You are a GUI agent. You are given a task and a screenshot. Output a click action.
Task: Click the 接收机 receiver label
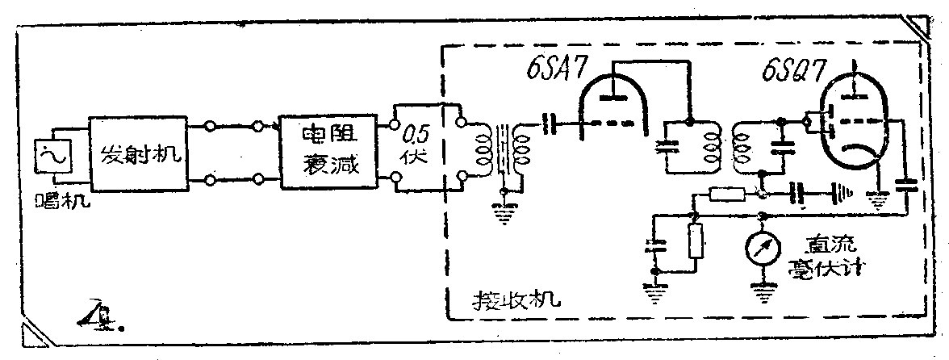(515, 304)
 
